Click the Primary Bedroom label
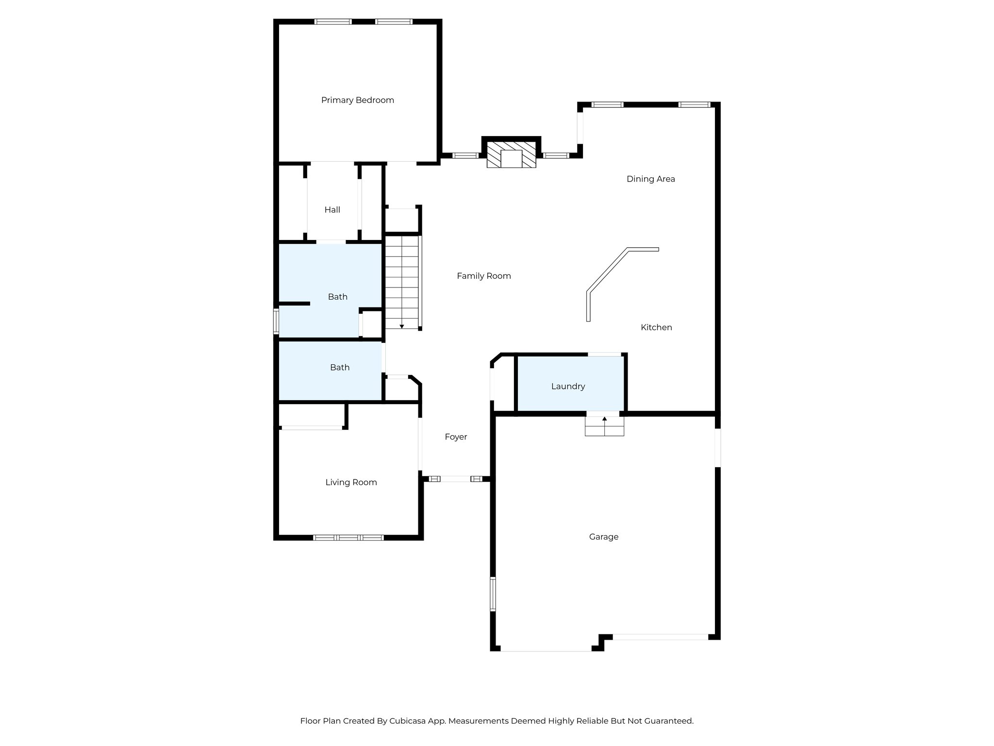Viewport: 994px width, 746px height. pyautogui.click(x=357, y=100)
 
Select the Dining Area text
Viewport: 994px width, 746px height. pyautogui.click(x=650, y=179)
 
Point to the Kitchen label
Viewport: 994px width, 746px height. pyautogui.click(x=656, y=327)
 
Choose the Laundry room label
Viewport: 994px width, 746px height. pyautogui.click(x=568, y=387)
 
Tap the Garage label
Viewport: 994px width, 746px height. pyautogui.click(x=603, y=537)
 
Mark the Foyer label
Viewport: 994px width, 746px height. pyautogui.click(x=456, y=437)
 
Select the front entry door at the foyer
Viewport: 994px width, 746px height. pyautogui.click(x=455, y=479)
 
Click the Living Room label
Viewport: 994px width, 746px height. pyautogui.click(x=351, y=482)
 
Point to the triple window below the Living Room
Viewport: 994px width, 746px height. pyautogui.click(x=348, y=538)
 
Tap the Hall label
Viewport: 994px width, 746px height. pyautogui.click(x=332, y=210)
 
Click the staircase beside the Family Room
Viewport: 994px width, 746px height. pyautogui.click(x=402, y=282)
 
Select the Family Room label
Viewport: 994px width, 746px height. pyautogui.click(x=483, y=276)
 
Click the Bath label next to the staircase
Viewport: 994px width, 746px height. pyautogui.click(x=337, y=297)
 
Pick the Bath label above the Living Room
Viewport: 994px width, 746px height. pyautogui.click(x=339, y=368)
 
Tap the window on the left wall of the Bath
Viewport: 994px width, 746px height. pyautogui.click(x=276, y=322)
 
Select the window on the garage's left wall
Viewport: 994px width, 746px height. pyautogui.click(x=493, y=593)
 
